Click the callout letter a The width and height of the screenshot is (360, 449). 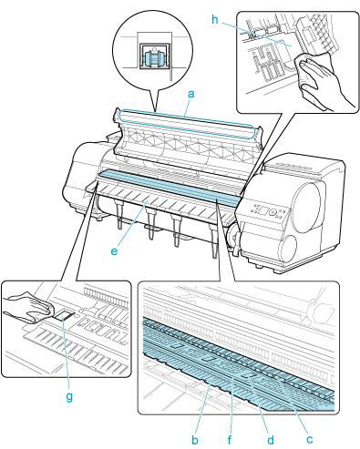[x=190, y=94]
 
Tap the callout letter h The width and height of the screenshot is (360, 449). [x=215, y=20]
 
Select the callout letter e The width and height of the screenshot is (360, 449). [x=114, y=251]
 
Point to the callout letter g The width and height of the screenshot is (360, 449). [x=69, y=396]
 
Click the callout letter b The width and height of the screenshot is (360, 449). [x=195, y=440]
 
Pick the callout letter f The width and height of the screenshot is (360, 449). [x=230, y=440]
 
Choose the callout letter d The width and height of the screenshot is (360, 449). [x=271, y=440]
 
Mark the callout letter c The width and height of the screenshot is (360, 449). [x=309, y=439]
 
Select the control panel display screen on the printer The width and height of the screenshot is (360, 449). [x=263, y=209]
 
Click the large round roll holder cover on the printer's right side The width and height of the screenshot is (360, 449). [x=306, y=208]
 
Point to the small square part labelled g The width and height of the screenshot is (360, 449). [x=65, y=317]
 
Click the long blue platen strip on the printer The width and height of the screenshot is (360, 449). [x=170, y=187]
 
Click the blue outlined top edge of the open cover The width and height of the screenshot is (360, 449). [x=186, y=124]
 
